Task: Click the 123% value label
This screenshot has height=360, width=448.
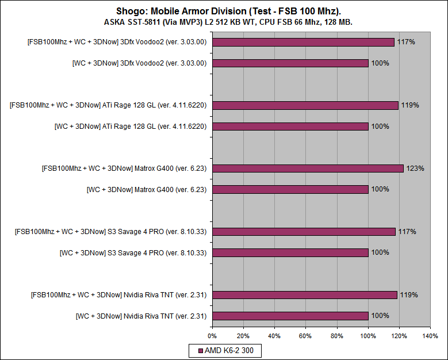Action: pyautogui.click(x=415, y=168)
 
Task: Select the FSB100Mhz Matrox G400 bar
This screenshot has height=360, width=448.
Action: pyautogui.click(x=308, y=168)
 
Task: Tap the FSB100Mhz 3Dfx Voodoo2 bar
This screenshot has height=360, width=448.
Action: pyautogui.click(x=303, y=42)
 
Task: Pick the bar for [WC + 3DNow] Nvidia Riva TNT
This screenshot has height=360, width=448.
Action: pyautogui.click(x=290, y=316)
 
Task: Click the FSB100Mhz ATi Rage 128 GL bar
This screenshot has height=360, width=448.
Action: pyautogui.click(x=305, y=105)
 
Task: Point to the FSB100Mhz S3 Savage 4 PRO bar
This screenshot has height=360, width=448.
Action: pyautogui.click(x=304, y=232)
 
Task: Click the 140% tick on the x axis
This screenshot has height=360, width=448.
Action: pyautogui.click(x=430, y=336)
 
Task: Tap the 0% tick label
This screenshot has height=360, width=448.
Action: pyautogui.click(x=212, y=336)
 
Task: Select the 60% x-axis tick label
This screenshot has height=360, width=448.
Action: pyautogui.click(x=305, y=336)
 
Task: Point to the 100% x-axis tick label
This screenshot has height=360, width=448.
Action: pyautogui.click(x=367, y=336)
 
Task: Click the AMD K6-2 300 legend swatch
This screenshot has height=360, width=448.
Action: pyautogui.click(x=200, y=350)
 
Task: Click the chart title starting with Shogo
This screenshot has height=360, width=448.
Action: pyautogui.click(x=224, y=12)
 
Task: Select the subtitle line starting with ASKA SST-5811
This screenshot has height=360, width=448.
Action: pyautogui.click(x=224, y=22)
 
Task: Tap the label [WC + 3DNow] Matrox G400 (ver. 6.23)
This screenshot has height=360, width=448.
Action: pyautogui.click(x=147, y=189)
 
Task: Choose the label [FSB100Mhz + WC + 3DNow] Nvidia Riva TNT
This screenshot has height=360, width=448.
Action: pyautogui.click(x=119, y=295)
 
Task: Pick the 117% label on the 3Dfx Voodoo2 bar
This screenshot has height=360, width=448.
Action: pyautogui.click(x=406, y=42)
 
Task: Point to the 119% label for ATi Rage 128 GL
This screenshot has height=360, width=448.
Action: pyautogui.click(x=410, y=105)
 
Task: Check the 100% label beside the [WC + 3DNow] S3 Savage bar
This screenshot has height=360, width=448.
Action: pyautogui.click(x=380, y=252)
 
